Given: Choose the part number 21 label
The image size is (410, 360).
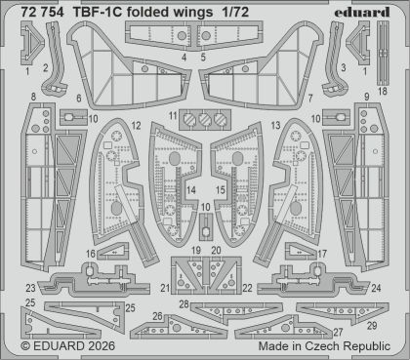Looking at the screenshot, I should tap(165, 287).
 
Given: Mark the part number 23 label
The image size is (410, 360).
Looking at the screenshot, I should tap(31, 288).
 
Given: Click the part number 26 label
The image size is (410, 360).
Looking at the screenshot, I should tap(131, 316).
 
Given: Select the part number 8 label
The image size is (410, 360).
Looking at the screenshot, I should tap(33, 97).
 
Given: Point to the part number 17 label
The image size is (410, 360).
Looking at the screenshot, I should tap(322, 254).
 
